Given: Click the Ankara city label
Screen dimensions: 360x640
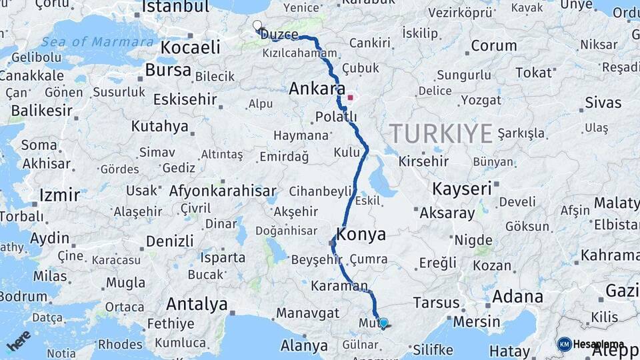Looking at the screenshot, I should point(317,89).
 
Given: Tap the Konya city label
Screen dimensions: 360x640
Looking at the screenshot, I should point(361,234).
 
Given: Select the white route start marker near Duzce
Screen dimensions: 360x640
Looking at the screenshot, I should point(257,26).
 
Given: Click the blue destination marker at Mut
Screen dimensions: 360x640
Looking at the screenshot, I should point(383,323).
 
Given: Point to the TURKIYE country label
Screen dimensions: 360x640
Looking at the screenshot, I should point(441,133).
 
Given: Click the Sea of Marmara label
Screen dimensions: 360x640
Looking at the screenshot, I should point(97,42).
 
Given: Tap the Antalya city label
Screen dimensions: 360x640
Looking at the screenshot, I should point(197,305).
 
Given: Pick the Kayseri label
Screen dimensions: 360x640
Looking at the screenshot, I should point(462,189).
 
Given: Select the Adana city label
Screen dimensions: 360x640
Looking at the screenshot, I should point(517,297).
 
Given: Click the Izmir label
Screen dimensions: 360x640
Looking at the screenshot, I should point(60,195).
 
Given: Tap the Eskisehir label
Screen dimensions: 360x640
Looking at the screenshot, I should point(185,99).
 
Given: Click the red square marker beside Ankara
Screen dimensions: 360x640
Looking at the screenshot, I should point(351,97).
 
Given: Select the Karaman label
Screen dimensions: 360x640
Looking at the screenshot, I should point(339,287).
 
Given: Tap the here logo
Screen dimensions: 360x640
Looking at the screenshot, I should point(19,340).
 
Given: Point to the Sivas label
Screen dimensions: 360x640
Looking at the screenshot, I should point(603,102).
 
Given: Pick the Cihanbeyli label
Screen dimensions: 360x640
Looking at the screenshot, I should point(320,192).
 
